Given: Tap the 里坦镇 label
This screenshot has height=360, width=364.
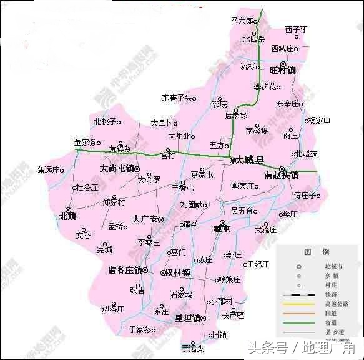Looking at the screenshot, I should pos(187,317).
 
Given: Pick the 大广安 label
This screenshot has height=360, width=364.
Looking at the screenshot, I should pos(144,219).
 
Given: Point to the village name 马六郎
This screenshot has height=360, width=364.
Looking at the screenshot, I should pos(242,21).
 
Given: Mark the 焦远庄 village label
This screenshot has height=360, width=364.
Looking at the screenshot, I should pos(51,169).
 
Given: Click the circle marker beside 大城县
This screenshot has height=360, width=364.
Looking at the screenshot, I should pos(232,160).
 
